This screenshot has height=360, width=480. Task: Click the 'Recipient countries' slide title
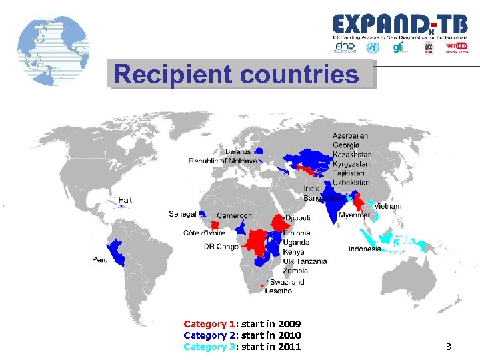(236, 75)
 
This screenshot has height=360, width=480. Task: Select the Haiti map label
(126, 200)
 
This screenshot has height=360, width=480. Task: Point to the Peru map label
(99, 259)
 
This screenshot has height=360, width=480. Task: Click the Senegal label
(182, 214)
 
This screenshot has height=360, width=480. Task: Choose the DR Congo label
(221, 247)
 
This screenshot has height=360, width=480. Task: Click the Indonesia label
(365, 249)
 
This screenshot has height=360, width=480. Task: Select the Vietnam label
(387, 207)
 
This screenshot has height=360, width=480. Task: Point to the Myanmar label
(354, 215)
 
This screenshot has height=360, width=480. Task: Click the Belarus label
(238, 151)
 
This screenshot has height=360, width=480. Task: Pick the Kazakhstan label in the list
(352, 155)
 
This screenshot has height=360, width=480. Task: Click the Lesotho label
(278, 291)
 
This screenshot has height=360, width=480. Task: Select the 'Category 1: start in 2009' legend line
(242, 324)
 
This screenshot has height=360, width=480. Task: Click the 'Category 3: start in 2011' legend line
(242, 347)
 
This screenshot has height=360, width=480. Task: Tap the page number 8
(449, 347)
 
